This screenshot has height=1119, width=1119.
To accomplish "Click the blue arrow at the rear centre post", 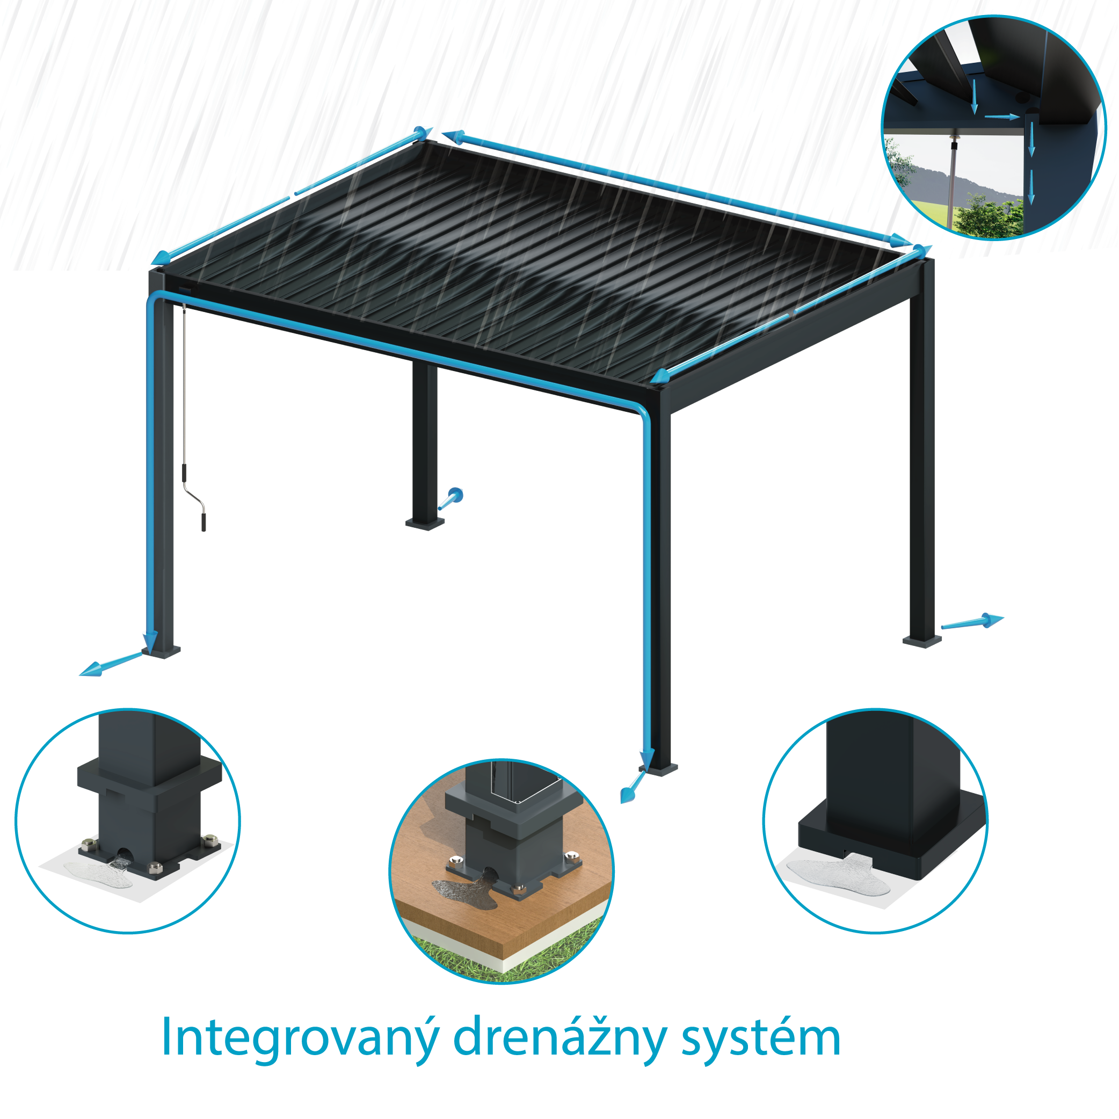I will click(x=452, y=498).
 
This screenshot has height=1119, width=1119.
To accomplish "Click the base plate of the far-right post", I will click(x=921, y=641).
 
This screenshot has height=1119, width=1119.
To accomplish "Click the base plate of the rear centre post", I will click(x=425, y=524).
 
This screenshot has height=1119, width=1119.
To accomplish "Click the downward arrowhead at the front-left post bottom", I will click(x=150, y=640).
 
